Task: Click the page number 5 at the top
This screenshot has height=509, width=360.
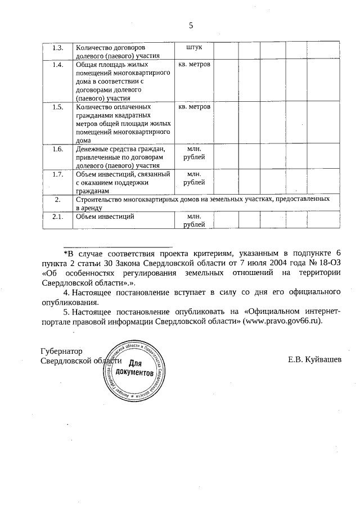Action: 191,25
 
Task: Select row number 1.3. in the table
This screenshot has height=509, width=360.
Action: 57,47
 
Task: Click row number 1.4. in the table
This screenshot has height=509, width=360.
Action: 57,65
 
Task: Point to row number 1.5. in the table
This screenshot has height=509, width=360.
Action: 57,106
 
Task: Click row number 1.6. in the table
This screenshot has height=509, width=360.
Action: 57,148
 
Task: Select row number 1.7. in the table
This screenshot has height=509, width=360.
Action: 57,174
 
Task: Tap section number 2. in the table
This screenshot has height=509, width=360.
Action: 57,199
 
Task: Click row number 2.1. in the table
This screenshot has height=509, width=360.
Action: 57,217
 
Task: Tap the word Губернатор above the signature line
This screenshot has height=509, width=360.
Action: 61,350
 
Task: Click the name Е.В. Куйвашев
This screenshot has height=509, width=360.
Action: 314,360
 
